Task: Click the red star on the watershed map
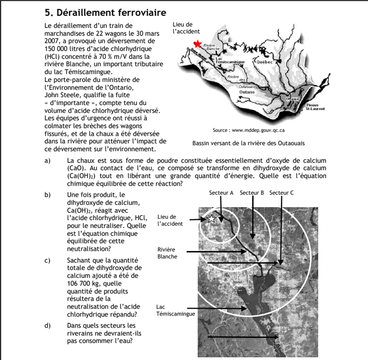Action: [x=198, y=44]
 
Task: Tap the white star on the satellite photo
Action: [x=211, y=219]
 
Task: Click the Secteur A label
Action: [x=221, y=193]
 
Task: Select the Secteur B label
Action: [x=252, y=193]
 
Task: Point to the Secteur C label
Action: [x=281, y=193]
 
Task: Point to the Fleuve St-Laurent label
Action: [x=315, y=107]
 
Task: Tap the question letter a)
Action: [x=47, y=161]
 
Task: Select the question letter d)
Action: [x=47, y=326]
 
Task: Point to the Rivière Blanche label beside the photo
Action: [x=167, y=253]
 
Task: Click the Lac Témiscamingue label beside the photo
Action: [x=175, y=310]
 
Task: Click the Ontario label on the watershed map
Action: [x=246, y=92]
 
